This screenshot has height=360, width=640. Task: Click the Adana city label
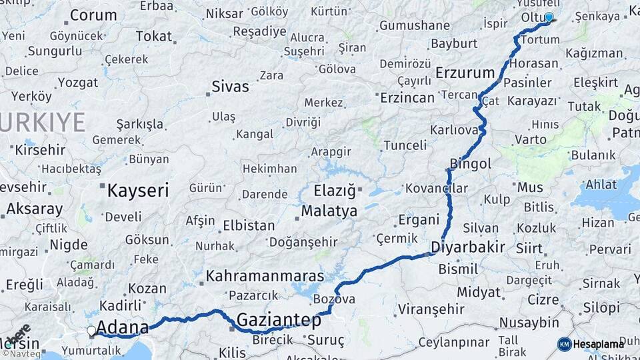(x=123, y=327)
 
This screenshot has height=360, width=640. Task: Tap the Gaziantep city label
(x=279, y=320)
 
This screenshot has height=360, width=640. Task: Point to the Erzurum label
(x=465, y=73)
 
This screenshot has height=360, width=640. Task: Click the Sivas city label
(x=230, y=86)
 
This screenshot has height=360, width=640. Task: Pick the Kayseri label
(x=138, y=191)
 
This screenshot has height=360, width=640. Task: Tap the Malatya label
(x=329, y=211)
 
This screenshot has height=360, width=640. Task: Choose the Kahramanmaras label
(x=265, y=275)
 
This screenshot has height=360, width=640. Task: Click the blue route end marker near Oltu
(x=549, y=17)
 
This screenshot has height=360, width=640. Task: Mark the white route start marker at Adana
(x=91, y=330)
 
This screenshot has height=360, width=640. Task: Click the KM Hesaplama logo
(x=591, y=344)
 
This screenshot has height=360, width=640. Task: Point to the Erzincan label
(x=407, y=98)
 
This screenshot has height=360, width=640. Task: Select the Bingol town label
(x=471, y=163)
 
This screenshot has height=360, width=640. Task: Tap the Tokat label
(x=154, y=36)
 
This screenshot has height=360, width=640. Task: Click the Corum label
(x=93, y=15)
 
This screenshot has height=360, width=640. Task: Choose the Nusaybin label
(x=529, y=323)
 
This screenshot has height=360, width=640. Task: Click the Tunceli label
(x=405, y=145)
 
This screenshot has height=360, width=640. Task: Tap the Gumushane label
(x=415, y=25)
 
